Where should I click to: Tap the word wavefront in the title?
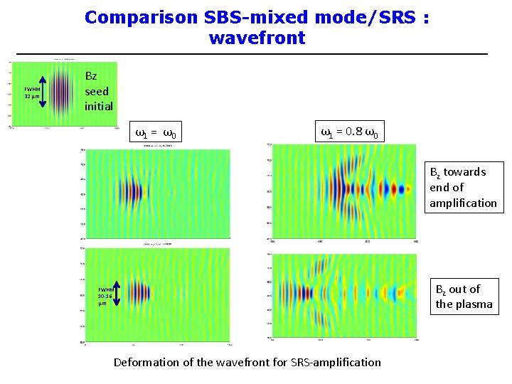coord(257,38)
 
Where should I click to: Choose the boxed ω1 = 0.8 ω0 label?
coord(349,132)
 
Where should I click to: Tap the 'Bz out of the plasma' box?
coord(464,297)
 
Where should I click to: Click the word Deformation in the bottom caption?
coord(146,363)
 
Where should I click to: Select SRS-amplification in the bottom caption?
coord(335,363)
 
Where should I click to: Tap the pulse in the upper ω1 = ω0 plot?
coord(132,191)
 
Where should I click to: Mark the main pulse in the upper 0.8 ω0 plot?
coord(340,189)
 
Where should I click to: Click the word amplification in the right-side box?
coord(463,203)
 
